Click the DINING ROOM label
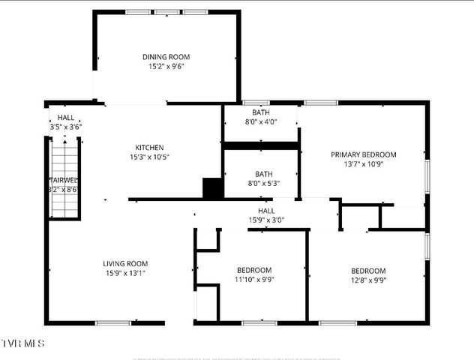point(166,57)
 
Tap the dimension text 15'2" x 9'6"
point(166,67)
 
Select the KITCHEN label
point(149,148)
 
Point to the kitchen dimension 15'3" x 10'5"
point(149,157)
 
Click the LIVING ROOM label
point(125,264)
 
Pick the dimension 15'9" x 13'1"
point(125,274)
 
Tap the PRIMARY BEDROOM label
point(364,155)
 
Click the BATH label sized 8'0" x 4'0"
point(261,112)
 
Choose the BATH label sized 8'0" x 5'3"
point(264,173)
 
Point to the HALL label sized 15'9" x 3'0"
point(266,211)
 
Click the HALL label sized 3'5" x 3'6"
point(66,118)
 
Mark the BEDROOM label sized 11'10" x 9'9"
point(254,270)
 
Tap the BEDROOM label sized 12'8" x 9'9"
point(368,271)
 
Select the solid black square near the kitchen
point(213,187)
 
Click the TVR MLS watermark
point(23,343)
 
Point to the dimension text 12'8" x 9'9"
point(368,281)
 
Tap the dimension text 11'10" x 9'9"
point(254,280)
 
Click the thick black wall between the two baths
point(261,145)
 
